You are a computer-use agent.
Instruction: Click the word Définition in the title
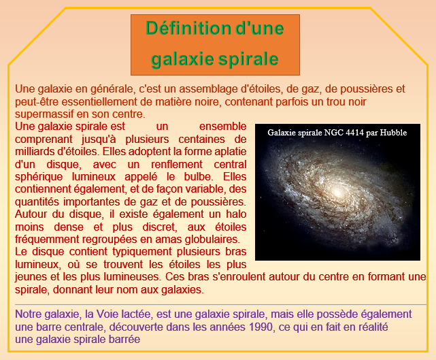[x=188, y=28]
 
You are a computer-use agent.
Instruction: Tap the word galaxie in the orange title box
[x=183, y=59]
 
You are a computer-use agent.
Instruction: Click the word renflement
[x=177, y=164]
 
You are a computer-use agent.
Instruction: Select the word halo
[x=236, y=214]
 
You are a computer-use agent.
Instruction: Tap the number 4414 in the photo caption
[x=354, y=133]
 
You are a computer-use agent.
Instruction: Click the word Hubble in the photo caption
[x=393, y=133]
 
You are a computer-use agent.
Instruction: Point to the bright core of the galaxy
[x=337, y=192]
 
